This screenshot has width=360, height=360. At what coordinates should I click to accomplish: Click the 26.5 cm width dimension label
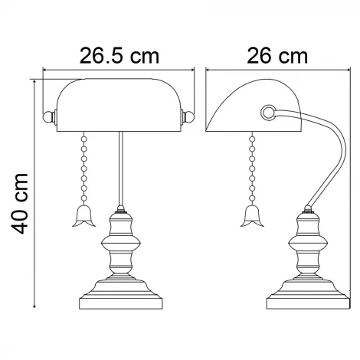coord(120,56)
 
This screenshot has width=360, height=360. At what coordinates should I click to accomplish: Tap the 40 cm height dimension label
coord(21,201)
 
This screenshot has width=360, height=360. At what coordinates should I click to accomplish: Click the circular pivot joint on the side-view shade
coord(267,113)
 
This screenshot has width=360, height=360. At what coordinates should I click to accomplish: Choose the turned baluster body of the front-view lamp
coord(120,245)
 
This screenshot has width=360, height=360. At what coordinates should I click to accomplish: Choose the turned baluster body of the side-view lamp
coord(308,245)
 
